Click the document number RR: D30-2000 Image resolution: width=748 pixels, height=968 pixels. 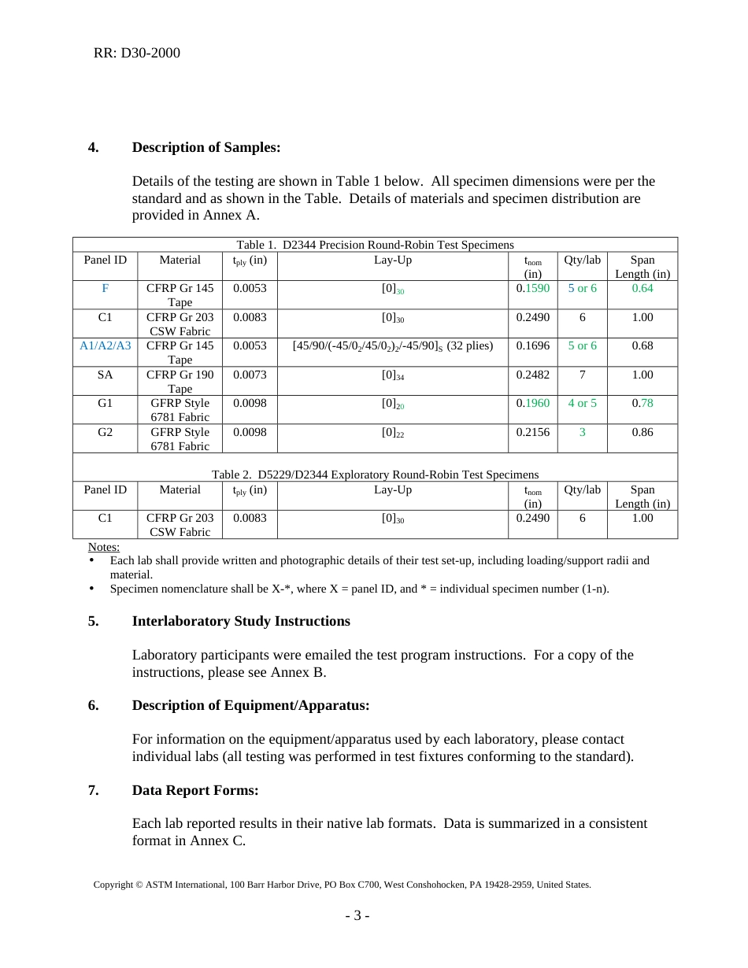click(136, 54)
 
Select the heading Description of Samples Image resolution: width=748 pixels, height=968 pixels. click(206, 147)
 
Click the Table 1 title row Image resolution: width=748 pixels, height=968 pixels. click(375, 245)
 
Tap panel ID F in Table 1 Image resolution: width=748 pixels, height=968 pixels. click(105, 289)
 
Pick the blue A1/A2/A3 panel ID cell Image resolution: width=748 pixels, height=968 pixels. click(106, 345)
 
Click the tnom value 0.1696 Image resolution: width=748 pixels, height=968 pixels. click(532, 345)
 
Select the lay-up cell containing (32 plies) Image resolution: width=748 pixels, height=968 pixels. click(392, 345)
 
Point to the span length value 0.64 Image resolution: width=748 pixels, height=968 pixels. click(642, 289)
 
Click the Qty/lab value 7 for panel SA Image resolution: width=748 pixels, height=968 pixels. click(582, 375)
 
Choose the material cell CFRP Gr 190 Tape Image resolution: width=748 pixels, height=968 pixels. click(180, 381)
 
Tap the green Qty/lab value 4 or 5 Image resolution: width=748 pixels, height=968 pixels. click(582, 403)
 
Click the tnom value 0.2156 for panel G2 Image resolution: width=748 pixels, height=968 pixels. click(532, 432)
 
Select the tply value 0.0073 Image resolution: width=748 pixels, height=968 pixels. click(250, 375)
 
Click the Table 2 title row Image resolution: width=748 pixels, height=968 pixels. click(375, 475)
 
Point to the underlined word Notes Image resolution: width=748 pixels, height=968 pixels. click(104, 547)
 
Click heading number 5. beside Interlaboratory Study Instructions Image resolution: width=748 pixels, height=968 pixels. click(94, 621)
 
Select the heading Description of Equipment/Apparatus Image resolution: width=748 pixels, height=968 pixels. click(250, 705)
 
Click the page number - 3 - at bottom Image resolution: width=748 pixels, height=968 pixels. click(357, 916)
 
